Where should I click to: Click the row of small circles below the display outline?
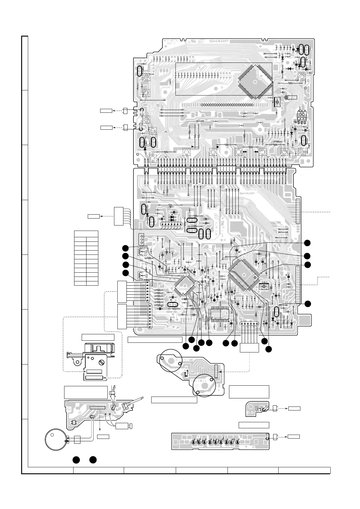tap(227, 105)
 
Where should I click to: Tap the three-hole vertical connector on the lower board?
tap(141, 239)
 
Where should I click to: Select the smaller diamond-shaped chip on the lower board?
tap(185, 285)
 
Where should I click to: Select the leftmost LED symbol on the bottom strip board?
tap(193, 442)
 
